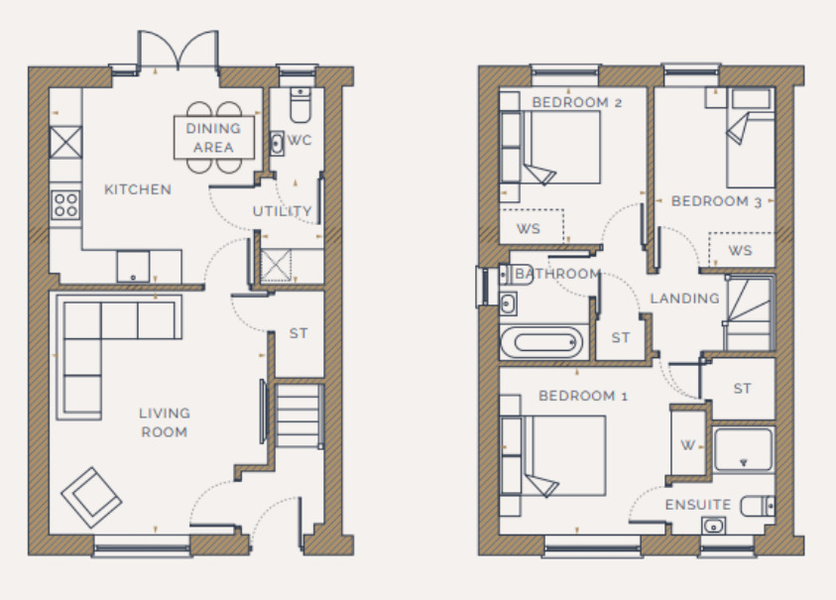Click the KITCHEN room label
pyautogui.click(x=138, y=189)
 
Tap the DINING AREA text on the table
pyautogui.click(x=213, y=138)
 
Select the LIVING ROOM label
pyautogui.click(x=164, y=422)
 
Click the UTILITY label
pyautogui.click(x=283, y=211)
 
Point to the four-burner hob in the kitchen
pyautogui.click(x=65, y=205)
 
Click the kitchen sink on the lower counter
pyautogui.click(x=132, y=266)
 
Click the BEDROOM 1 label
pyautogui.click(x=583, y=396)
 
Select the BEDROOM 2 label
pyautogui.click(x=576, y=102)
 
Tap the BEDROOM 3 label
pyautogui.click(x=716, y=201)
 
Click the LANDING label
pyautogui.click(x=684, y=299)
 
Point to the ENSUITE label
pyautogui.click(x=699, y=505)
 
